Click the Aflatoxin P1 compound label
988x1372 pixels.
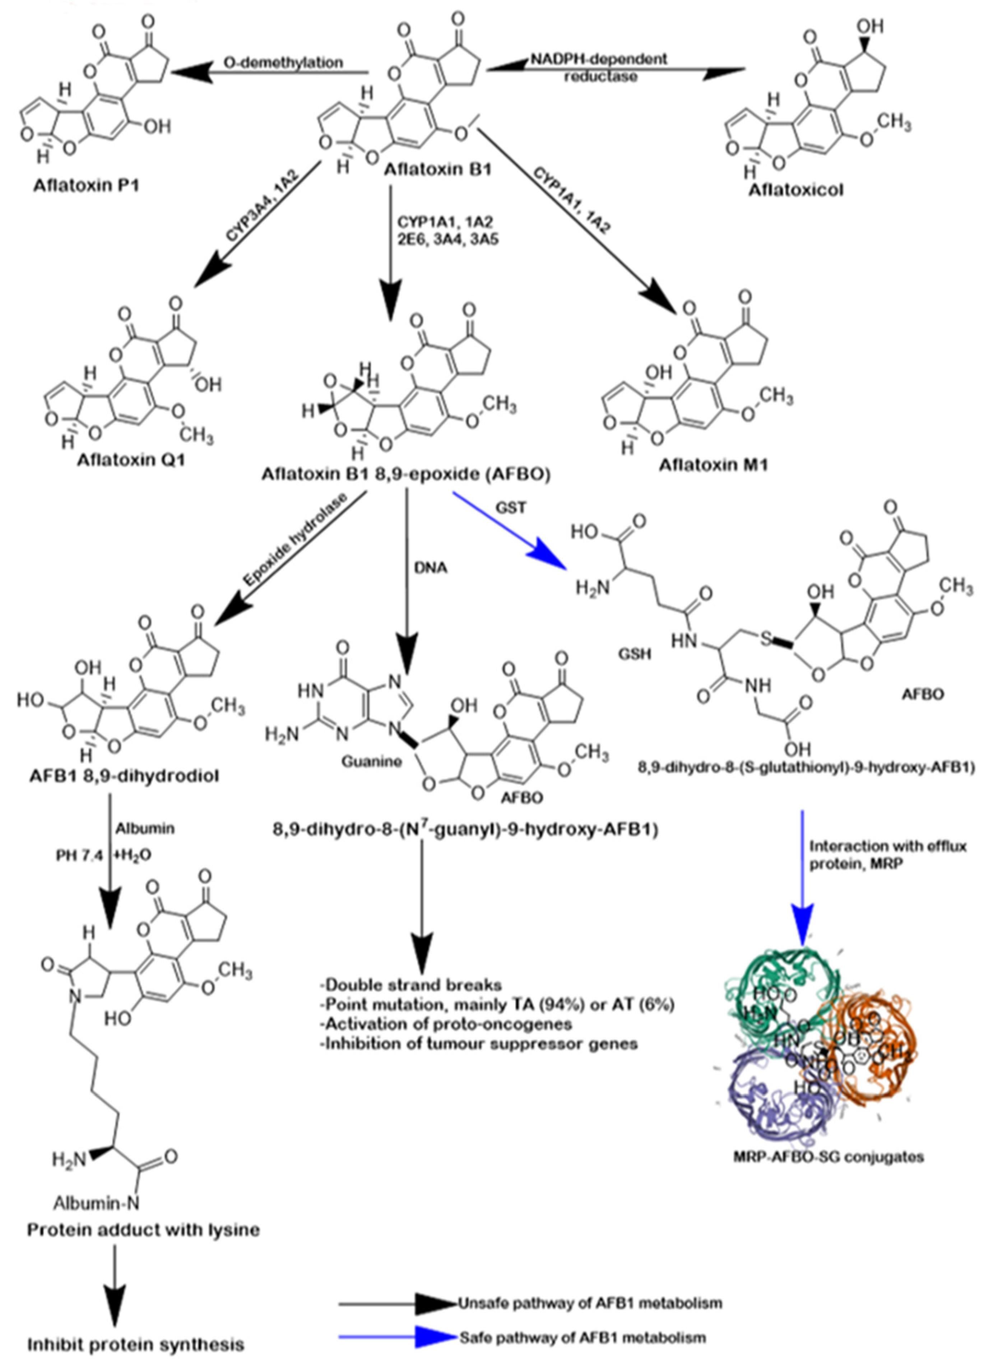86,185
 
